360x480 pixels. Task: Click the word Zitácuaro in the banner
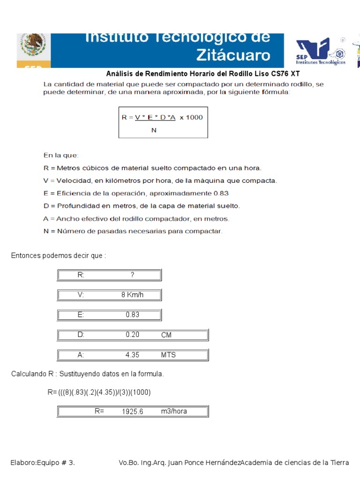[233, 55]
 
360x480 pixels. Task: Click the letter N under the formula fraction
[154, 130]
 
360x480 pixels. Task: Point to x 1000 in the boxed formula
[191, 117]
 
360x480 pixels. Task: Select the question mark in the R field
[133, 275]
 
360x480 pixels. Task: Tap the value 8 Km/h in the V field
[133, 295]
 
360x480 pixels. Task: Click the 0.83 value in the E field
[133, 315]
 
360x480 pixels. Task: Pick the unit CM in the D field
[166, 335]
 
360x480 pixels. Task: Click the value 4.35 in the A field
[133, 355]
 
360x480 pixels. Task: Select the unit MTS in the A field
[168, 355]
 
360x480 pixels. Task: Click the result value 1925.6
[133, 412]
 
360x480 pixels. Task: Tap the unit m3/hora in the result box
[174, 411]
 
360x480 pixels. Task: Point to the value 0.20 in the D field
[133, 335]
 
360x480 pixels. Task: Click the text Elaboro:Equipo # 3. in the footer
[43, 463]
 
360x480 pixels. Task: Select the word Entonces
[26, 255]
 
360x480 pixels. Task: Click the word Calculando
[29, 374]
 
